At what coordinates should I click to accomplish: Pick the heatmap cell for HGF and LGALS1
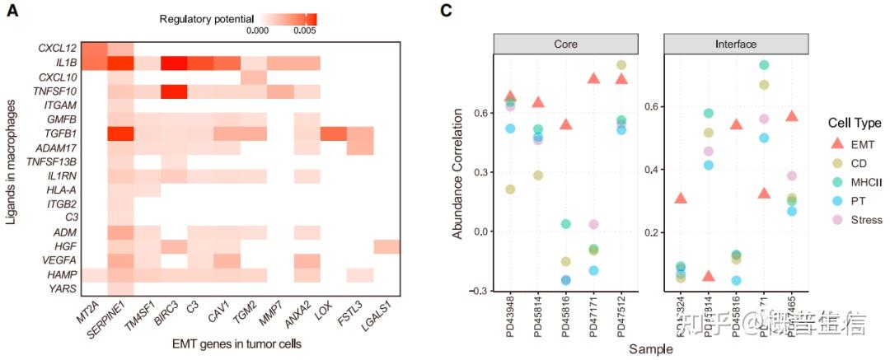tap(386, 246)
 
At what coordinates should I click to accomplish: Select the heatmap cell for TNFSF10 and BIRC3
tap(173, 91)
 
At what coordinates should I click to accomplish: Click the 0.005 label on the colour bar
tap(305, 30)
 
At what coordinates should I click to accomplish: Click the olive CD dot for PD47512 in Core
tap(621, 65)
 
